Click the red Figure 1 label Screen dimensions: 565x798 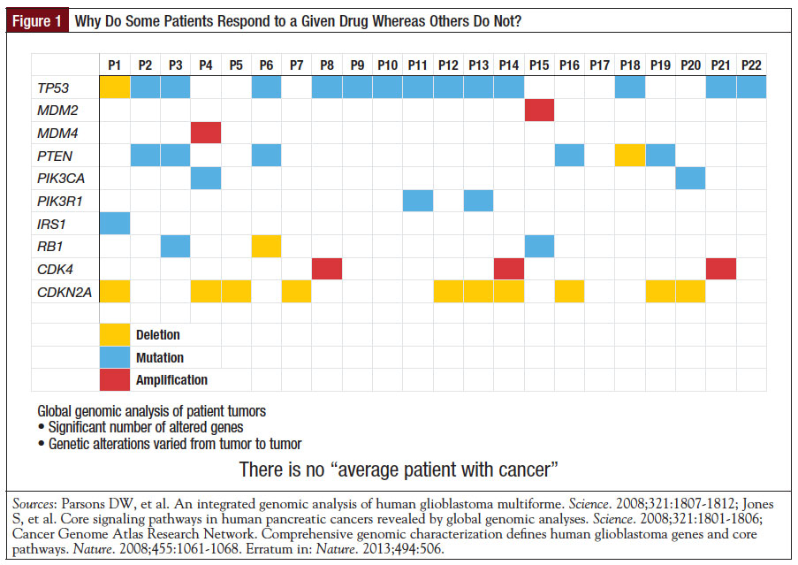point(38,21)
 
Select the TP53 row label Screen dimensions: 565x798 point(53,87)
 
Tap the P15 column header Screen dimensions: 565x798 point(539,65)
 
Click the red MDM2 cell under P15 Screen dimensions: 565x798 point(539,110)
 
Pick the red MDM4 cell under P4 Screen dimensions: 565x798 point(205,133)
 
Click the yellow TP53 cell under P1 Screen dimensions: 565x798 point(114,87)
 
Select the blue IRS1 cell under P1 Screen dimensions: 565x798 point(114,223)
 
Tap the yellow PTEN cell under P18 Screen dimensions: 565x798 point(630,155)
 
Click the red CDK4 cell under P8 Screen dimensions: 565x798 point(327,268)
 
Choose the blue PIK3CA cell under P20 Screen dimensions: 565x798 point(691,178)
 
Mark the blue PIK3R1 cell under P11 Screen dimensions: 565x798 point(418,201)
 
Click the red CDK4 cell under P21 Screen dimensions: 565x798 point(721,268)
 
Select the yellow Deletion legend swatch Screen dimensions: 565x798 point(114,335)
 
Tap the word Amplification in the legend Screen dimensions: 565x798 point(171,380)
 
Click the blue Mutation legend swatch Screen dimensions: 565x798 point(114,358)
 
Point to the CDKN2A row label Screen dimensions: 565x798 point(60,291)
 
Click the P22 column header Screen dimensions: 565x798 point(751,65)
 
